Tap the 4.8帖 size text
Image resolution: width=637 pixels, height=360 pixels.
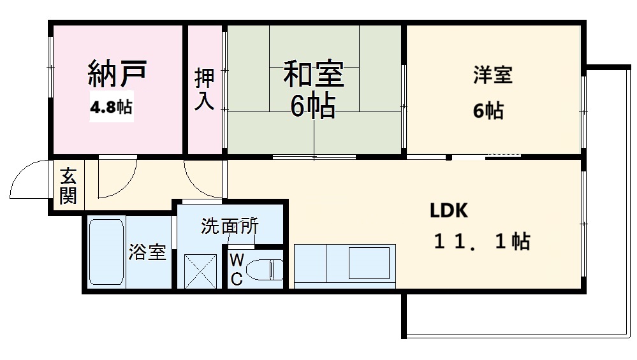click(111, 107)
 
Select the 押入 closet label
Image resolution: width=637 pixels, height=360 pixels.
click(205, 90)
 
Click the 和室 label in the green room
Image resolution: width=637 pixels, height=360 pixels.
click(313, 74)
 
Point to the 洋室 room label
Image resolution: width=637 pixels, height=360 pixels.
click(492, 75)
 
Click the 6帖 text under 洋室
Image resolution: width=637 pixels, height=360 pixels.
click(488, 111)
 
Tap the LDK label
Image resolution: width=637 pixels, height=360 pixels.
click(449, 210)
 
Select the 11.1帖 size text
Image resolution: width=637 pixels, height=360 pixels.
click(481, 241)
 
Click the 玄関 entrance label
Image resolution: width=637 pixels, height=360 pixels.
click(68, 185)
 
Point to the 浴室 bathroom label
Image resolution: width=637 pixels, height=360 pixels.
click(147, 253)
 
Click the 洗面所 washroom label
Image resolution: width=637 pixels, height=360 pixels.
click(230, 227)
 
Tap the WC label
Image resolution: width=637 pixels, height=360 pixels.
click(236, 270)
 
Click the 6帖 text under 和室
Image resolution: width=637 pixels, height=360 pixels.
click(313, 108)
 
